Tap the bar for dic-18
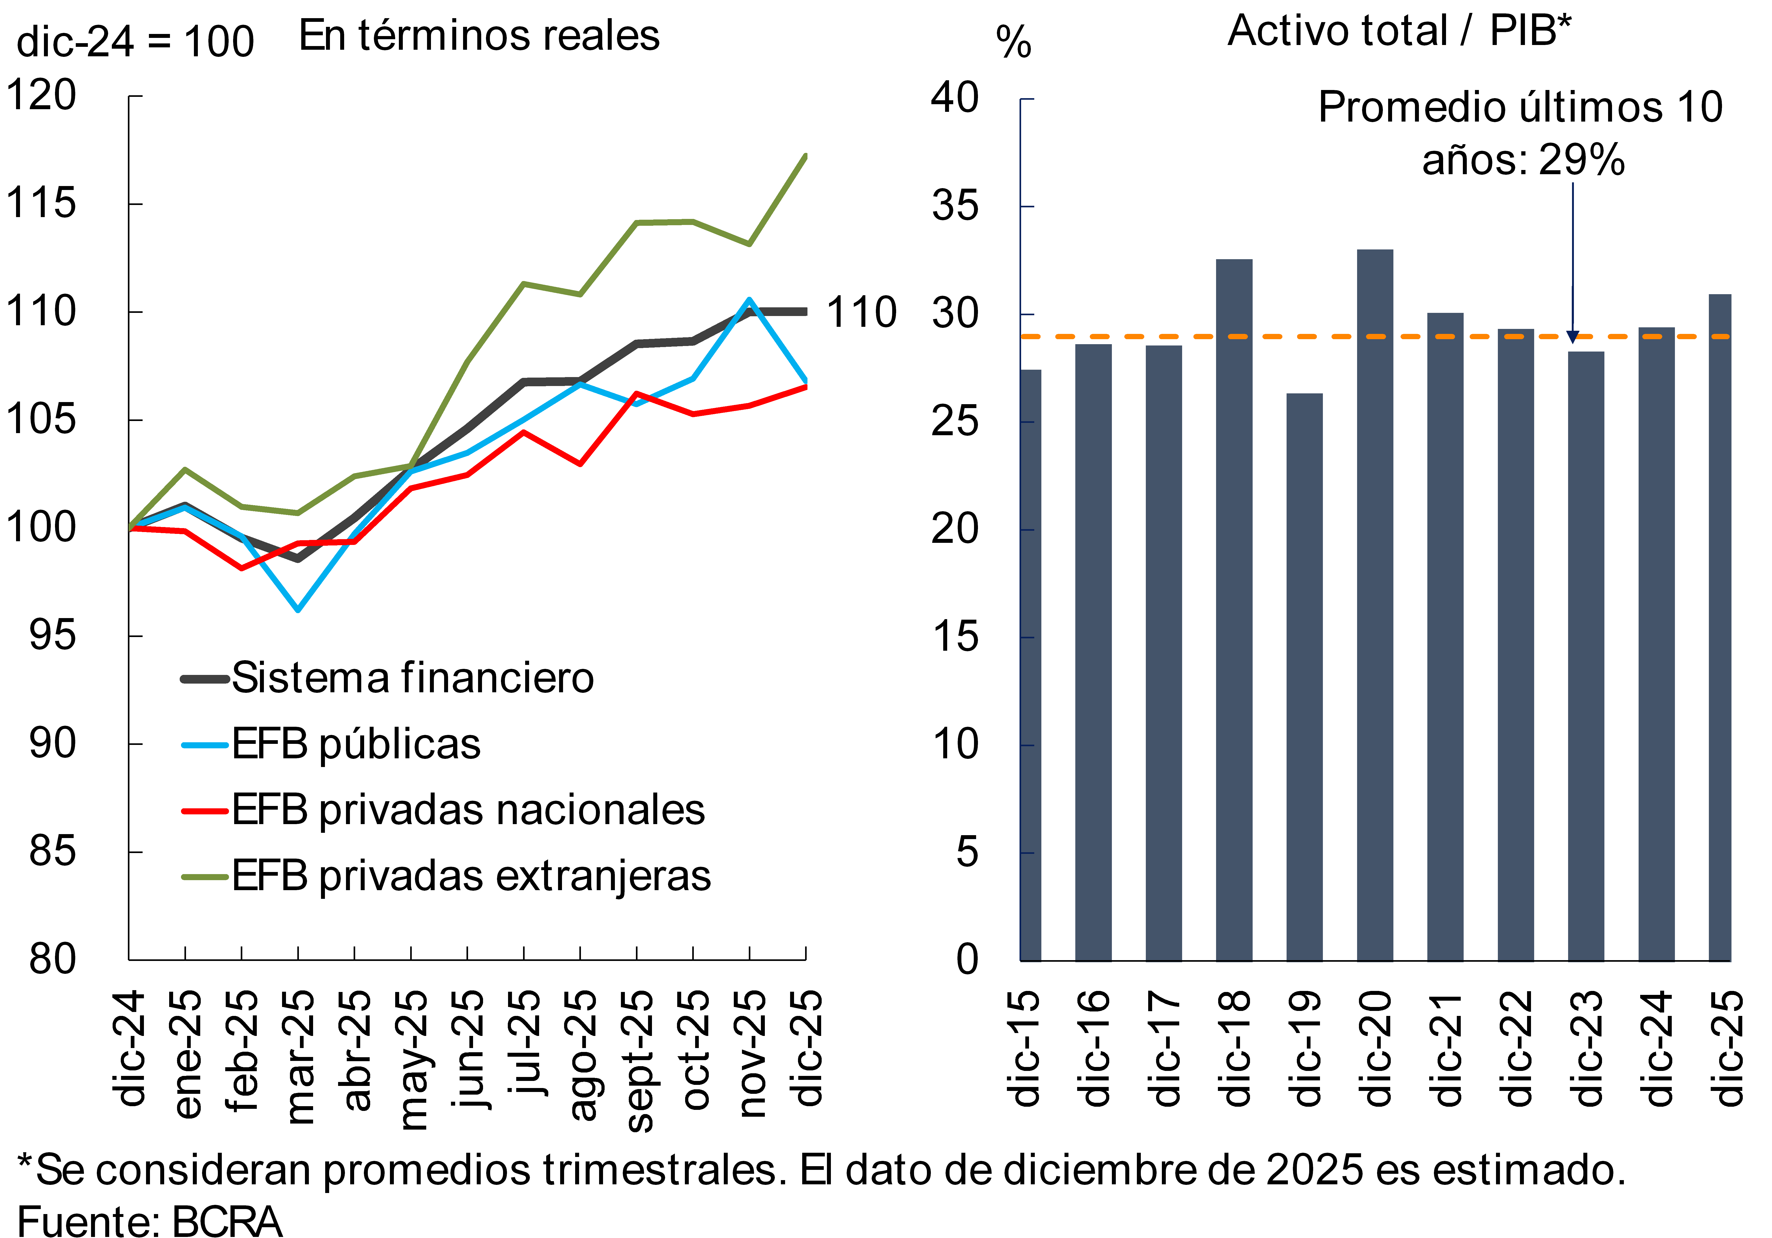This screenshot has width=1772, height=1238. point(1234,610)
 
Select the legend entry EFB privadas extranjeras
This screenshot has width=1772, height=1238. point(471,876)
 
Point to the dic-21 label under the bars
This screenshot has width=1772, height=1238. point(1445,1050)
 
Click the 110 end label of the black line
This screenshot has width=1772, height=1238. point(861,313)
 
